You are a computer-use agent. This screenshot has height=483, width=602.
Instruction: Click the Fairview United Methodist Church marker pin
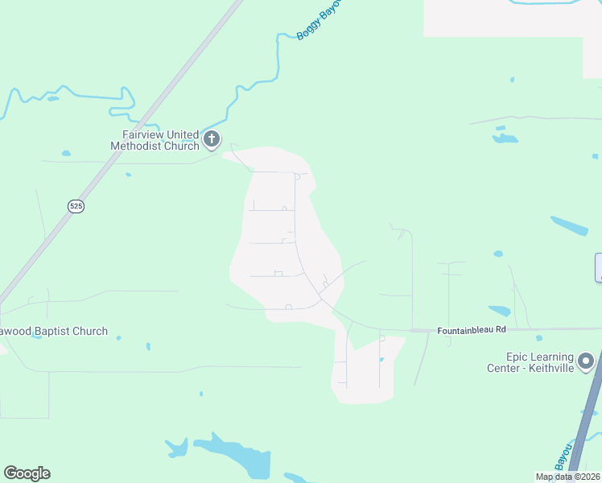212,139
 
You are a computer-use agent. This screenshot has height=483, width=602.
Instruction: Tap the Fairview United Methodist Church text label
155,140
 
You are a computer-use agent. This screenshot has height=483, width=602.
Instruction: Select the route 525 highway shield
76,206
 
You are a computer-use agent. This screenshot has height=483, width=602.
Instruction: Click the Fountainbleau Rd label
472,330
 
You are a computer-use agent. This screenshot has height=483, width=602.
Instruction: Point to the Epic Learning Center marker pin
586,360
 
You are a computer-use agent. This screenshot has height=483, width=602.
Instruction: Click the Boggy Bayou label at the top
320,19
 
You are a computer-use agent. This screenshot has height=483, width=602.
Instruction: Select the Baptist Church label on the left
54,331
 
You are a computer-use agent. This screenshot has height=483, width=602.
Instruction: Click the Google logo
27,473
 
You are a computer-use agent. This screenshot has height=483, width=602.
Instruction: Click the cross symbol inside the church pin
212,138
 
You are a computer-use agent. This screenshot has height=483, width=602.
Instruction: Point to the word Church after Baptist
90,331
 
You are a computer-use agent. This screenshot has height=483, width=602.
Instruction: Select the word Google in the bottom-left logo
27,473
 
